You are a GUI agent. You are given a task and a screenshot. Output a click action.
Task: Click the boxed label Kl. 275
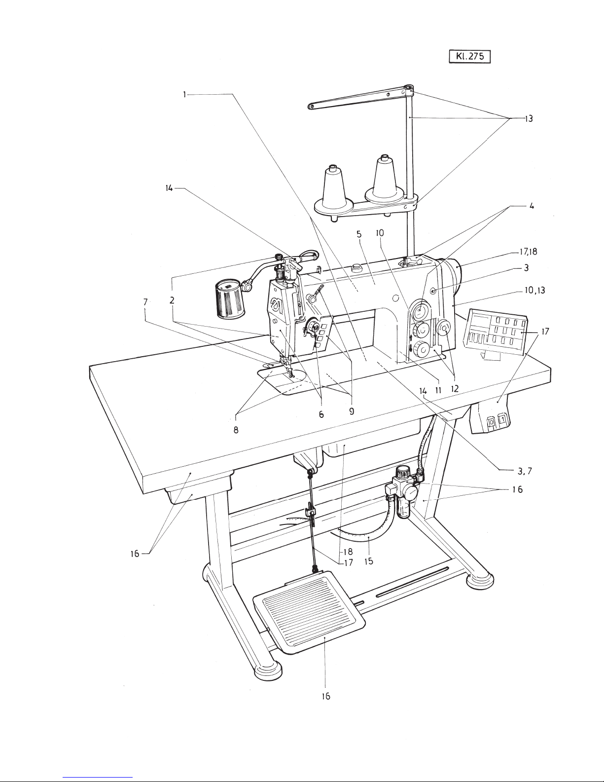click(x=469, y=57)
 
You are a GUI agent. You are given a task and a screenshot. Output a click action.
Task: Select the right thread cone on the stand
click(x=385, y=180)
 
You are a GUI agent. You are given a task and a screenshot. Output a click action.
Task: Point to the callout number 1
click(x=184, y=95)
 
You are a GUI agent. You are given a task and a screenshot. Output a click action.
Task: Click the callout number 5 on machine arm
click(x=359, y=234)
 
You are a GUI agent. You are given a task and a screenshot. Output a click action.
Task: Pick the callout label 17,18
click(x=528, y=252)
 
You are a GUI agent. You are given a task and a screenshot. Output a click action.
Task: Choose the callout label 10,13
click(x=534, y=290)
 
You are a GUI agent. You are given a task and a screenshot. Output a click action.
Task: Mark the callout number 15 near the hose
click(x=368, y=560)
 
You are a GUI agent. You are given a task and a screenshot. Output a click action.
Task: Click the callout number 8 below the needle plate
click(x=236, y=430)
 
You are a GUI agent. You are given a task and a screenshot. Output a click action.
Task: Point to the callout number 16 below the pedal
click(x=326, y=696)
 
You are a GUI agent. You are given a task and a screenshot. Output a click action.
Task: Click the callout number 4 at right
click(x=532, y=206)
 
